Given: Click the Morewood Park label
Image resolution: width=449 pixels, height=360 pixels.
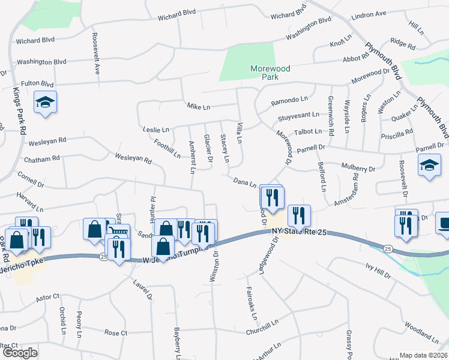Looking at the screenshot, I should (x=270, y=73).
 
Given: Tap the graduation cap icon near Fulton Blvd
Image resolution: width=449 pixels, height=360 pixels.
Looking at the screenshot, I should (x=45, y=103).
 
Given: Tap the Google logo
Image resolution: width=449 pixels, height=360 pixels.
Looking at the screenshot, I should (x=19, y=353).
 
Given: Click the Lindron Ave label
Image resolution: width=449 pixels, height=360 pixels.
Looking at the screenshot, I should (x=369, y=31).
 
